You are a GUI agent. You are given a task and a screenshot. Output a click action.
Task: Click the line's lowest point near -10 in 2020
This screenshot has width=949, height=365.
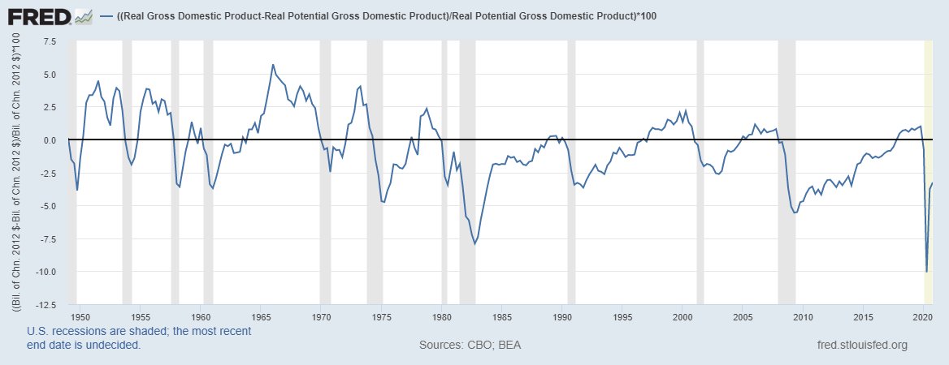coord(927,272)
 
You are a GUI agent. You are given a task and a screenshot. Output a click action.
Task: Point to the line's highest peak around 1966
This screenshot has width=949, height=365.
coord(273,65)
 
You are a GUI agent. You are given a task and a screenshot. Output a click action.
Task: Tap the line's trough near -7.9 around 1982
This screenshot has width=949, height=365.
coord(474,243)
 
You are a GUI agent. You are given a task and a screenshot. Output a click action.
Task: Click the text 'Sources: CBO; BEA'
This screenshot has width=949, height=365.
coord(470,345)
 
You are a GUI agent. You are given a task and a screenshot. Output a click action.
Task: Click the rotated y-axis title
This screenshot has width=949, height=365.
coord(15,170)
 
